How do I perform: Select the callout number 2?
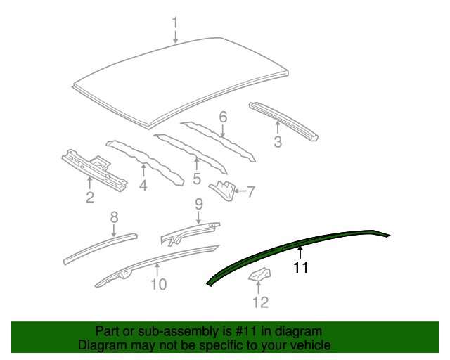90,198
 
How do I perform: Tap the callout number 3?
278,143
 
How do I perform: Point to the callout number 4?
143,186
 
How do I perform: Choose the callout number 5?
197,179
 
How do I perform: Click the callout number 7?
250,191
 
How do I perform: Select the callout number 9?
198,203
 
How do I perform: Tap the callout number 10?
158,284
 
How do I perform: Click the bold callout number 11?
301,267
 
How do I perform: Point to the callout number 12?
260,302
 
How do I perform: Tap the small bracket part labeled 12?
258,276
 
